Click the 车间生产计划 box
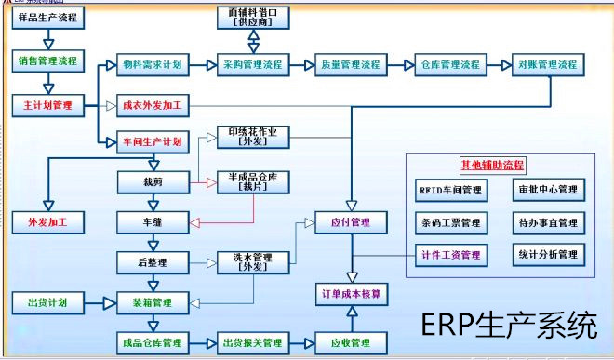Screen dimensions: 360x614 153,141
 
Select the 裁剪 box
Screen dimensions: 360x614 153,180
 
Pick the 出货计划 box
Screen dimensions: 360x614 47,302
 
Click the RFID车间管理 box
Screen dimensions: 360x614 450,191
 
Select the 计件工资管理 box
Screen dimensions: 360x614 450,254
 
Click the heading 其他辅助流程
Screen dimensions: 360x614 493,166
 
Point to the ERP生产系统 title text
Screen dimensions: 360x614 508,327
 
